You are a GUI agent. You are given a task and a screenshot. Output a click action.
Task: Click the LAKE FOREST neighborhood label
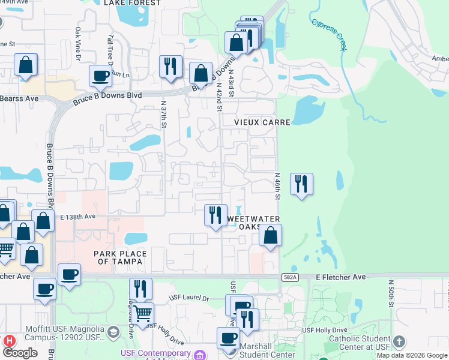click(132, 3)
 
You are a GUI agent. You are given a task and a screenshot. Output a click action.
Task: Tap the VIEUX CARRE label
click(262, 122)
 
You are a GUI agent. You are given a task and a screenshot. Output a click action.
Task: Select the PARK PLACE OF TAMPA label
click(118, 258)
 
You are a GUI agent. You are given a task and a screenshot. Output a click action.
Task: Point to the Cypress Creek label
click(329, 34)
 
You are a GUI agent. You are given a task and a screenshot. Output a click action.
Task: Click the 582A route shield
click(289, 277)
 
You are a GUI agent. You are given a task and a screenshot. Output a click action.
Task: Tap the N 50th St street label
click(391, 293)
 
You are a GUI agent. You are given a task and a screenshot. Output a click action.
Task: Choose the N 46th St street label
click(278, 187)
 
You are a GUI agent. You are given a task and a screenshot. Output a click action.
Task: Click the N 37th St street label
click(163, 114)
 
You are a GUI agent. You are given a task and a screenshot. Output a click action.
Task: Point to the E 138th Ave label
click(77, 217)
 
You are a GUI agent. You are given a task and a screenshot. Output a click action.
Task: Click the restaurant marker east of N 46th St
click(301, 184)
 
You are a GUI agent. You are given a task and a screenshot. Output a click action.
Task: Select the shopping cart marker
click(143, 313)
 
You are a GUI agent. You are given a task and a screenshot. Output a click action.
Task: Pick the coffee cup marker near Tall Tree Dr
click(100, 76)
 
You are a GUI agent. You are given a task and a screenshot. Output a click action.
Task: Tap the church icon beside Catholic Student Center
click(398, 342)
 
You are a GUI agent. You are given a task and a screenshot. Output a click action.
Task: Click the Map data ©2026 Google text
click(412, 356)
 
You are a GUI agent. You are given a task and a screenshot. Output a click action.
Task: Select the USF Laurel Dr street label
click(188, 298)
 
